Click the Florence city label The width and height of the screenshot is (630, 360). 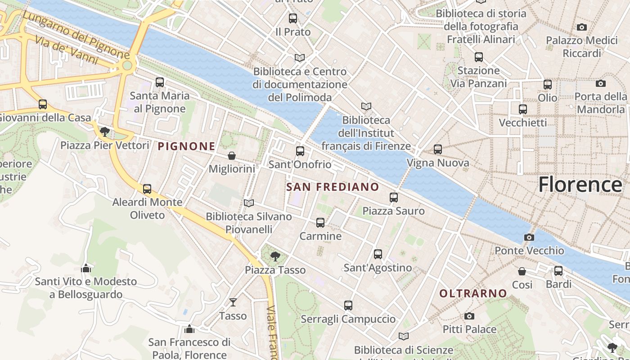click(580, 184)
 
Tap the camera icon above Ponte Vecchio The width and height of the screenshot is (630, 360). click(529, 237)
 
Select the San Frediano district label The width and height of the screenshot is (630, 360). click(333, 187)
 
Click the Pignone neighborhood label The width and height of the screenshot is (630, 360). click(186, 146)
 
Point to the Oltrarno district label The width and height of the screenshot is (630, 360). click(473, 293)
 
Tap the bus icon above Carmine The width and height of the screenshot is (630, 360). click(320, 222)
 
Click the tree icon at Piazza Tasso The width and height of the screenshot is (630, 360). click(275, 256)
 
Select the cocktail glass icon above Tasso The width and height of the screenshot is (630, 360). click(233, 302)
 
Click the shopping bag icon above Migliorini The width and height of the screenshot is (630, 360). click(232, 156)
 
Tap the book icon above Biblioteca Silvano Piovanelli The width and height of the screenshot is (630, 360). click(249, 203)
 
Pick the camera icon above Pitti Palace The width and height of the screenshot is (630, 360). click(469, 316)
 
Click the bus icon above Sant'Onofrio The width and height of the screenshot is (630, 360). click(300, 151)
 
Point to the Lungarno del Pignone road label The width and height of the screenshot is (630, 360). click(76, 35)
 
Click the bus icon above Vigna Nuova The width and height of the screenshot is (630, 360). click(438, 149)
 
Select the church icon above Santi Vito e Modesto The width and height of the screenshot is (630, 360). click(86, 268)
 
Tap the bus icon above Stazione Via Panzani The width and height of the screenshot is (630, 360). click(479, 57)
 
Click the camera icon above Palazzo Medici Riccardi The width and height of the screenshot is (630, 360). click(582, 27)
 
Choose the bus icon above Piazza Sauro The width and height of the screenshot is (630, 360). click(394, 197)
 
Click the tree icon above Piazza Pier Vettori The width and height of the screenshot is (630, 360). click(105, 132)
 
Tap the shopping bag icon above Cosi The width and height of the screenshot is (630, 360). click(522, 271)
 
